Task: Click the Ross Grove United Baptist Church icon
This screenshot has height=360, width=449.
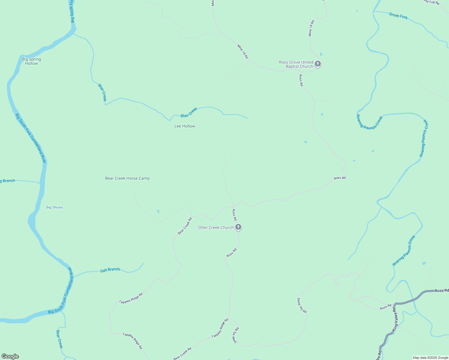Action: click(318, 64)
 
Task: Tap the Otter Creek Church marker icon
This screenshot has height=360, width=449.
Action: click(238, 227)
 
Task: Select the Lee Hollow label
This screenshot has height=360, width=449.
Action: click(185, 126)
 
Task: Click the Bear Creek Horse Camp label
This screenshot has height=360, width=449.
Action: click(127, 178)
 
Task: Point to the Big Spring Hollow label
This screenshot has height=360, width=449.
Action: click(32, 61)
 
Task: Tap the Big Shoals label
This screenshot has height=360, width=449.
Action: click(55, 207)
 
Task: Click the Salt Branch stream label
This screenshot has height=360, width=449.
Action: click(110, 270)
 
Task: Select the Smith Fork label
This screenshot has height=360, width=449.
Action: click(398, 16)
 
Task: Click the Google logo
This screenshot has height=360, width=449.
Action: click(10, 356)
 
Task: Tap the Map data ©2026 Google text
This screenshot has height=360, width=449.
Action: click(430, 358)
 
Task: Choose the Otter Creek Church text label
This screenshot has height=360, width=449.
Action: click(216, 227)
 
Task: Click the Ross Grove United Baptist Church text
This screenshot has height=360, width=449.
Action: click(296, 64)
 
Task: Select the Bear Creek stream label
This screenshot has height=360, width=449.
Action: click(59, 339)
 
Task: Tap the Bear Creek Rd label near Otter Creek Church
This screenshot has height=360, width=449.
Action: click(185, 226)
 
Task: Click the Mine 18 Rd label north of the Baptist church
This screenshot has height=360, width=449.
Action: click(311, 28)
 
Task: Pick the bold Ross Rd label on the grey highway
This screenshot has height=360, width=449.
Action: click(441, 290)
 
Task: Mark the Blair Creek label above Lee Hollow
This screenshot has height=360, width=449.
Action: click(189, 112)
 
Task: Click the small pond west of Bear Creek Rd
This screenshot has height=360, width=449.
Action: click(158, 211)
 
